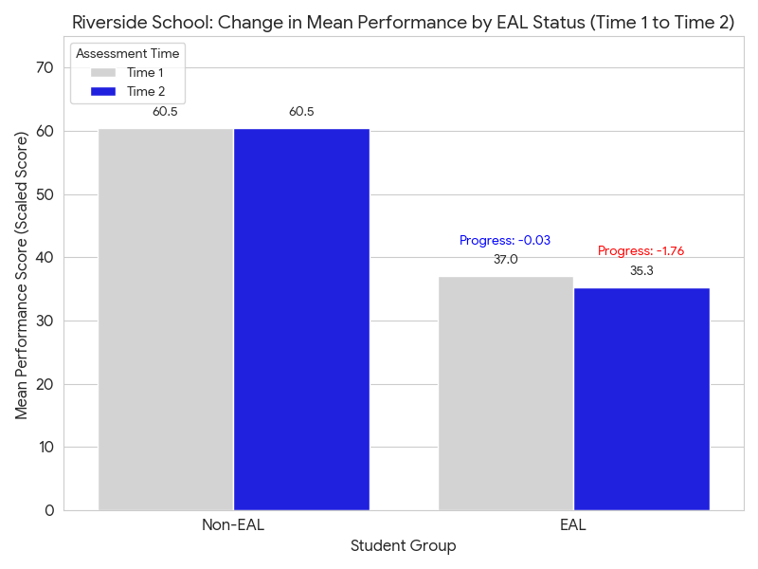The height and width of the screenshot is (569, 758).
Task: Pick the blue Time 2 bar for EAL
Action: point(641,398)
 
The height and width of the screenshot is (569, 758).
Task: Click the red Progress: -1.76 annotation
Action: point(641,251)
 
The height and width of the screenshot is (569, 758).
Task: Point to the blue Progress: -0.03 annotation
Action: point(505,241)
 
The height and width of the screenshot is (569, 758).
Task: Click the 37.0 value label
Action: point(505,260)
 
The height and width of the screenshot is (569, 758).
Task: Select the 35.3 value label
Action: point(641,271)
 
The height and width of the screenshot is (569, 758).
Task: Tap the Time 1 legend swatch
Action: point(102,73)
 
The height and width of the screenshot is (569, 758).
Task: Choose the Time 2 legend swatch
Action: point(102,91)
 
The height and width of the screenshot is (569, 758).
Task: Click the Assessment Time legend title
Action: point(128,54)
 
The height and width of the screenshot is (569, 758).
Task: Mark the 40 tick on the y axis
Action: point(46,258)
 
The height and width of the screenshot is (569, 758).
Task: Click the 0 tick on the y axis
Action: point(49,511)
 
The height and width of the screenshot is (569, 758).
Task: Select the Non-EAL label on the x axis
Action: point(233,525)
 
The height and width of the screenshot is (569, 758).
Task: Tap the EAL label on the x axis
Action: point(573,525)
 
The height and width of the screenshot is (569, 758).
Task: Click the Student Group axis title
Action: point(404,546)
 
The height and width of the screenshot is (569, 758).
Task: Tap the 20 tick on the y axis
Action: point(46,384)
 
